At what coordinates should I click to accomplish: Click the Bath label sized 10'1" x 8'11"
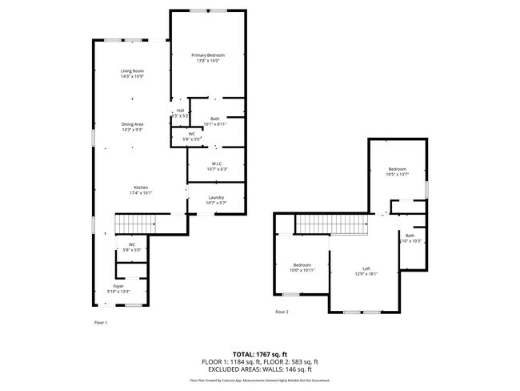coord(215,121)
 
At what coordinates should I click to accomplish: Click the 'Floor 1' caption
coord(101,323)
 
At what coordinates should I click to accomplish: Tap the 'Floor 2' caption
coord(282,312)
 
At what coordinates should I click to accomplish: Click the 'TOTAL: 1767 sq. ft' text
coord(260,353)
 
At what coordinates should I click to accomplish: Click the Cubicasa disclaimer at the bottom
coord(260,381)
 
